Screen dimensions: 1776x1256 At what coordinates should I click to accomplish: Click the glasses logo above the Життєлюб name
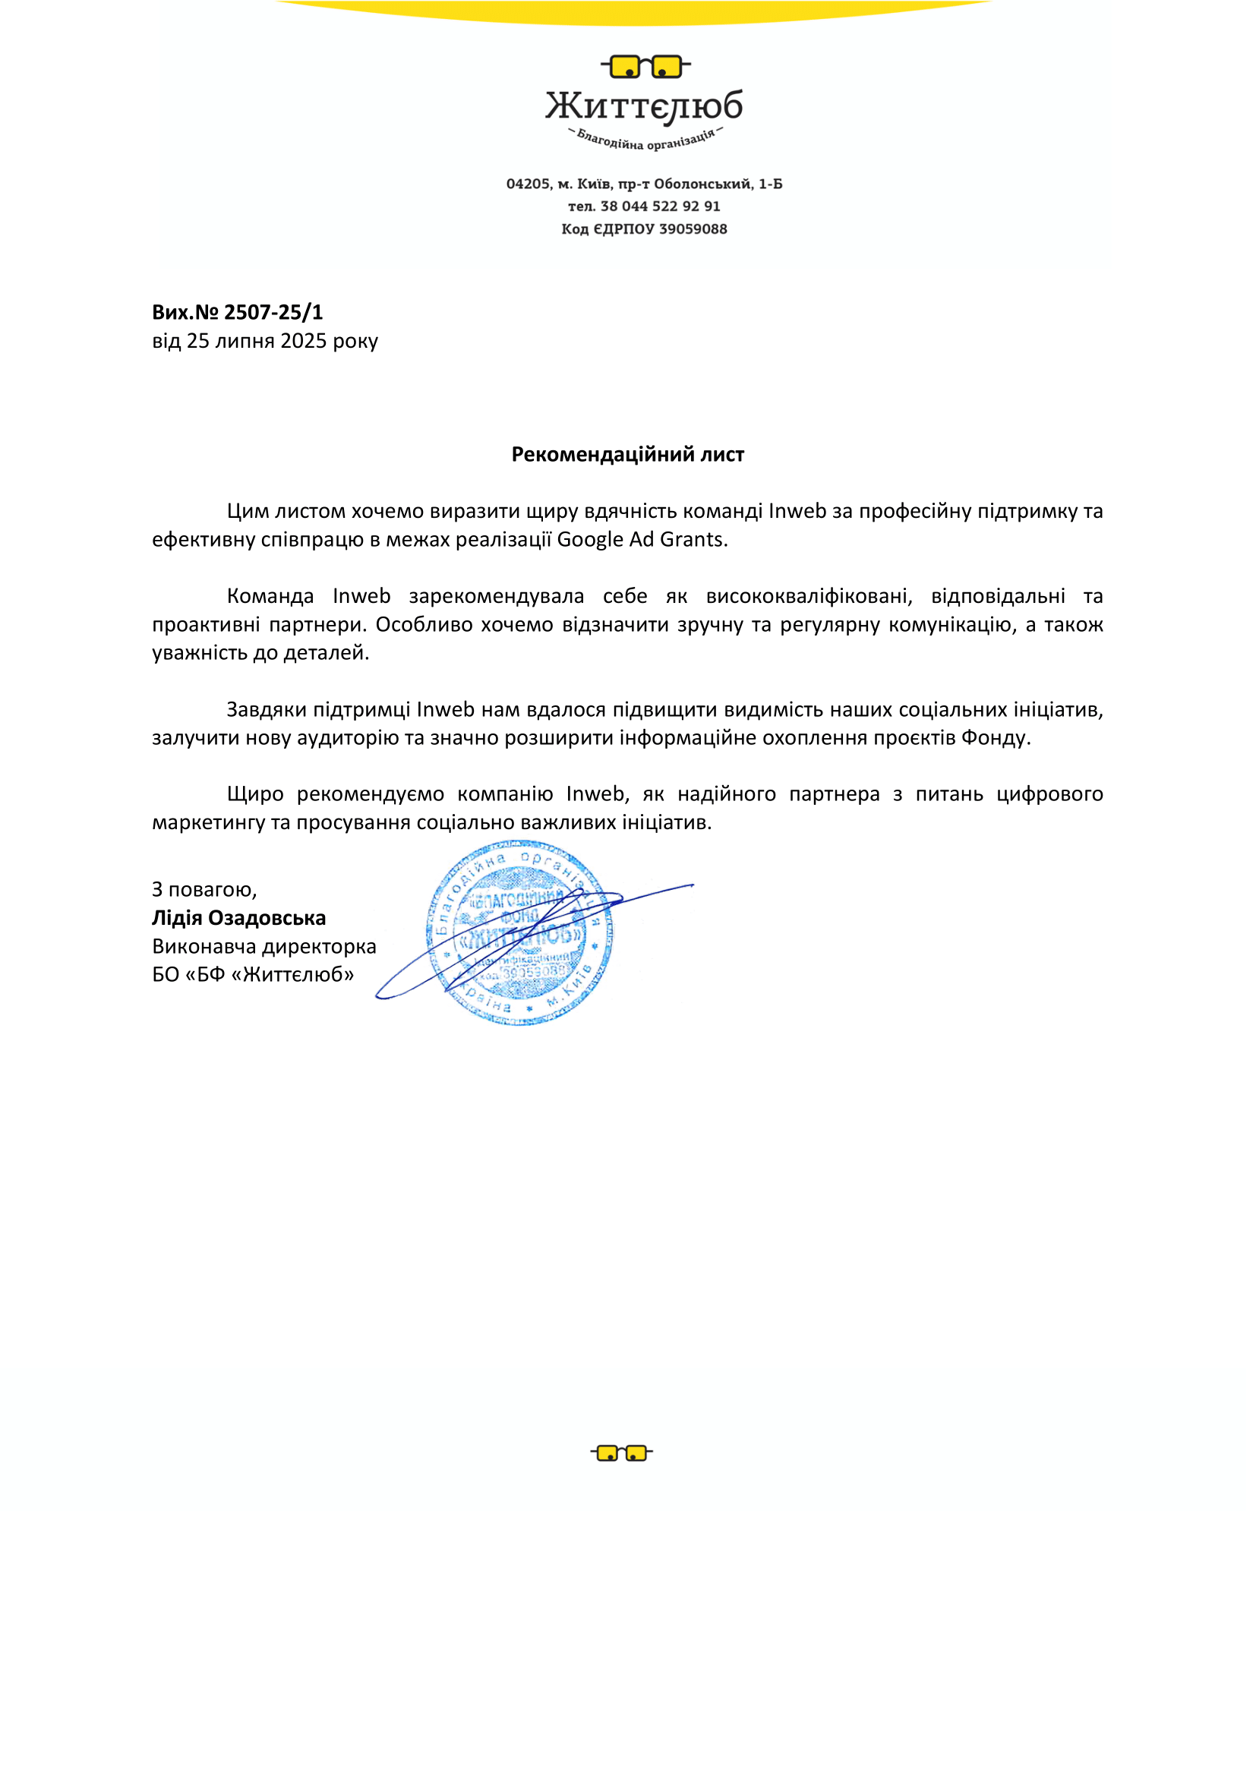645,68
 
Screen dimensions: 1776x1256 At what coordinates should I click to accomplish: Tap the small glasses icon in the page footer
621,1453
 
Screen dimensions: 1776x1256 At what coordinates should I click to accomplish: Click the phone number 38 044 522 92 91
660,207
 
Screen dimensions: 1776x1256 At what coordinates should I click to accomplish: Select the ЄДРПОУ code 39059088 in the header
693,229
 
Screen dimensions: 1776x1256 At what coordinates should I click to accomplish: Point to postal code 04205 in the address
528,184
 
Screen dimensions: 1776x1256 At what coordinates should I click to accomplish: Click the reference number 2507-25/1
273,313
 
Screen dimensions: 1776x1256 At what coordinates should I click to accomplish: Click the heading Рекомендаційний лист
627,455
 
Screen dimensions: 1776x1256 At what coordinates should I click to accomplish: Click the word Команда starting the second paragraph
270,596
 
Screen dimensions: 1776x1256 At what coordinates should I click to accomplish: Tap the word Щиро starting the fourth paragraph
255,794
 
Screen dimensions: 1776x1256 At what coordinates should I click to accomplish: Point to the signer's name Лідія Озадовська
239,918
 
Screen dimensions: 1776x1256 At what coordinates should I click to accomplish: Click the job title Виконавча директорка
264,947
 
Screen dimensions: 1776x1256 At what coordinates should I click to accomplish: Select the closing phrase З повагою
204,891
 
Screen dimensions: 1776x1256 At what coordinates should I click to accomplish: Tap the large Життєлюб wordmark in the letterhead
644,107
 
